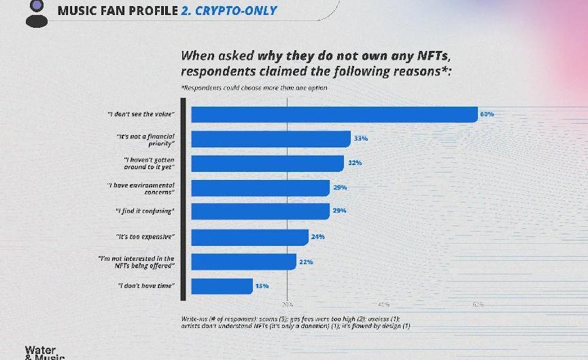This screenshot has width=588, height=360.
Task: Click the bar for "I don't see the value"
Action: [334, 114]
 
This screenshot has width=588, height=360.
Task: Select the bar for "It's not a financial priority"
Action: [271, 139]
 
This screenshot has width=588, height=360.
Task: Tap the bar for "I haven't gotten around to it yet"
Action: [267, 163]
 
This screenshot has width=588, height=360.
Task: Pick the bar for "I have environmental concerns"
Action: [260, 187]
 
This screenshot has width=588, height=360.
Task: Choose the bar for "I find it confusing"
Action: [260, 211]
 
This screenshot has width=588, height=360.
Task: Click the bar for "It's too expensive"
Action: [249, 237]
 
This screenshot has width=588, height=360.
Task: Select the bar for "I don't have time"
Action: [222, 286]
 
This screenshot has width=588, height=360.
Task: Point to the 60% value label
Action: [487, 114]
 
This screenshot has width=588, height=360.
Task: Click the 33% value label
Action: [360, 139]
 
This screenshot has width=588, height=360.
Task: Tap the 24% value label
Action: [317, 237]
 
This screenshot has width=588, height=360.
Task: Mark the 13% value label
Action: [262, 286]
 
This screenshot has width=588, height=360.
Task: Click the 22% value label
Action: [305, 262]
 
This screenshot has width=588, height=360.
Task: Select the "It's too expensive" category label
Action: [146, 237]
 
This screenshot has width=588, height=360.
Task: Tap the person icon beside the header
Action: [36, 13]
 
